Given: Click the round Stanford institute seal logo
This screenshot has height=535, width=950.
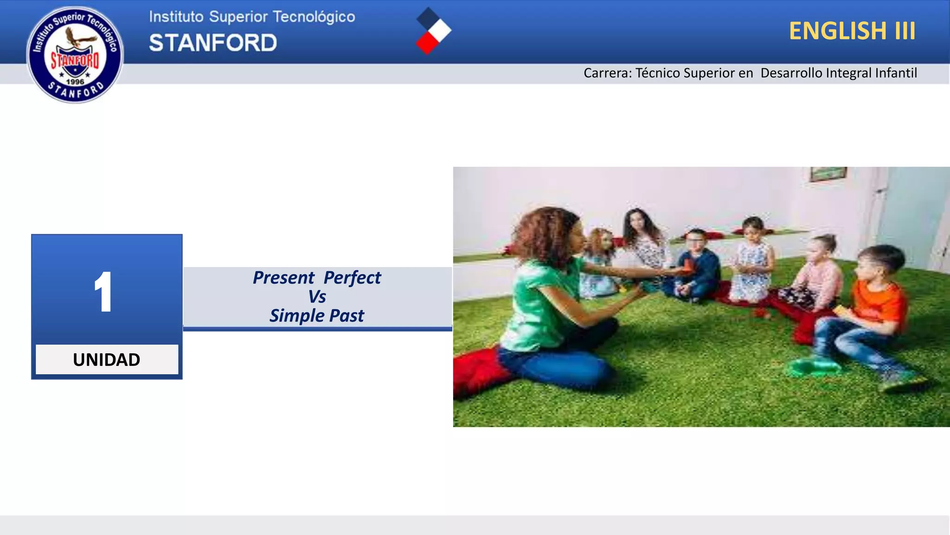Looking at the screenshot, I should click(x=75, y=54).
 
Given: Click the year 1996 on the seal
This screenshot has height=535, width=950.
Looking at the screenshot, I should click(x=75, y=82).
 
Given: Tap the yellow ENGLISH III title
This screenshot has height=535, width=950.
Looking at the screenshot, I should click(x=852, y=31).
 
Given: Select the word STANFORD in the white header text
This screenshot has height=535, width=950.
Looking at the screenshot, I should click(x=213, y=43).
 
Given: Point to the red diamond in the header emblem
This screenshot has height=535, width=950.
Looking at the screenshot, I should click(x=427, y=44).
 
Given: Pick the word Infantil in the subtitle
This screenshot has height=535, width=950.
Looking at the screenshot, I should click(x=896, y=73).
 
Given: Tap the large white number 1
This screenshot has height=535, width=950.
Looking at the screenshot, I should click(x=103, y=292).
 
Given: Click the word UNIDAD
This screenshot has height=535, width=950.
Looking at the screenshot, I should click(x=107, y=359).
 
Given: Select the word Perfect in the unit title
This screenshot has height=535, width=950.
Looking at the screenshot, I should click(x=352, y=278).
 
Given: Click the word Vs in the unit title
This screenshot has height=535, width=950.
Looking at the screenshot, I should click(x=317, y=297).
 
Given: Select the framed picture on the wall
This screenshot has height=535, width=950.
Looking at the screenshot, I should click(x=828, y=174).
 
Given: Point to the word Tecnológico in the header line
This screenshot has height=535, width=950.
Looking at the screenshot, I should click(x=314, y=17).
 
